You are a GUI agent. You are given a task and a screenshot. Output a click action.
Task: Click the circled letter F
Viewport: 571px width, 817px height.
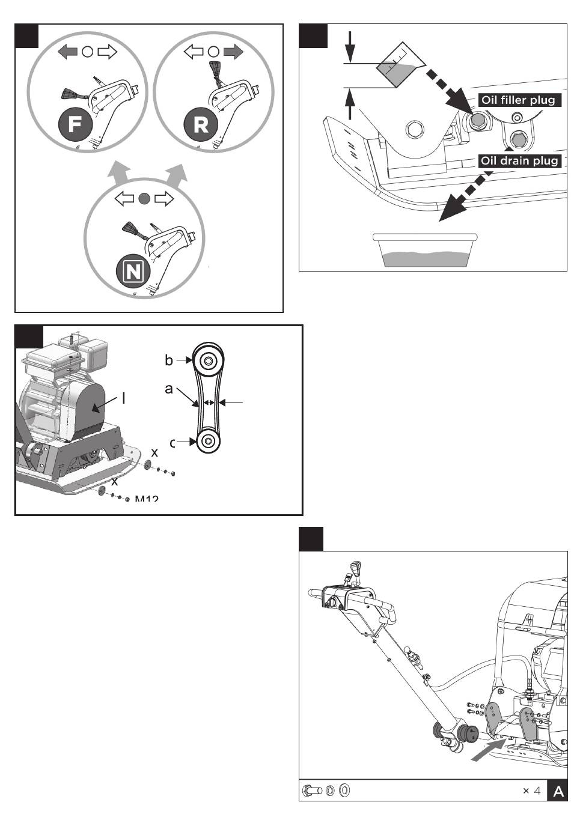(x=76, y=124)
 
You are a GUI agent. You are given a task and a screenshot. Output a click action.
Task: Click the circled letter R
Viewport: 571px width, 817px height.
(x=201, y=124)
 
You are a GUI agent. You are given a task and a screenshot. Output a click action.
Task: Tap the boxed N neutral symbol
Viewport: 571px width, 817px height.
(x=133, y=272)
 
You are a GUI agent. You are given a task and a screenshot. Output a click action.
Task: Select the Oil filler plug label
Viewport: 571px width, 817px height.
(x=518, y=100)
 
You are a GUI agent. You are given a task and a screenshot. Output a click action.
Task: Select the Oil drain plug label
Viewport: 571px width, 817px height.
(x=520, y=160)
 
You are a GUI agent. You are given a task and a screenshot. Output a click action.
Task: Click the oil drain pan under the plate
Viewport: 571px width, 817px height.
(x=426, y=250)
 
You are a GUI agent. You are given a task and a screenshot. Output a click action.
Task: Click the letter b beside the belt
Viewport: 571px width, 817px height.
(x=169, y=360)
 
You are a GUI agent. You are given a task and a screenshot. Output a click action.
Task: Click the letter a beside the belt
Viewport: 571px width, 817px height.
(x=169, y=389)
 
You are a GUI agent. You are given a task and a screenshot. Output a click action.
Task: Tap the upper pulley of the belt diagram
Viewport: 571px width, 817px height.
(x=207, y=360)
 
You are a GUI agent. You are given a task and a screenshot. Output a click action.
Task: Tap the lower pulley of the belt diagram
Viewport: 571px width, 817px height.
(x=207, y=441)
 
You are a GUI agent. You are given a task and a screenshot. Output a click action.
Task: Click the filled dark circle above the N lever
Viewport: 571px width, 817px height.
(x=143, y=199)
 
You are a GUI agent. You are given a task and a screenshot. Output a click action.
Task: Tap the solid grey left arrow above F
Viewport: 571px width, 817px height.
(x=68, y=52)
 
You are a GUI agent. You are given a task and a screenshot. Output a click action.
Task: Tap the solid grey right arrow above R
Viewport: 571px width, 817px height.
(x=233, y=52)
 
